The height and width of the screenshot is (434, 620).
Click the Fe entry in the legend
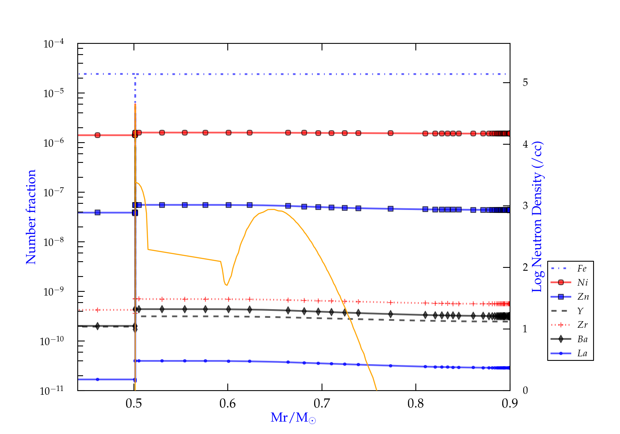click(582, 269)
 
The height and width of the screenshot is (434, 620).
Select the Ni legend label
click(582, 283)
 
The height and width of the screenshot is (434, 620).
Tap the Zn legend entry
click(583, 297)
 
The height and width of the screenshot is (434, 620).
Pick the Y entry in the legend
click(580, 311)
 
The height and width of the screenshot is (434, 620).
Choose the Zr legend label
click(582, 325)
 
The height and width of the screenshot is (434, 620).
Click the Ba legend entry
click(582, 339)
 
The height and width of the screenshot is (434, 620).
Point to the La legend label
click(582, 353)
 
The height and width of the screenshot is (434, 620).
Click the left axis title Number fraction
click(31, 217)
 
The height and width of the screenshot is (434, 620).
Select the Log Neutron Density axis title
click(537, 217)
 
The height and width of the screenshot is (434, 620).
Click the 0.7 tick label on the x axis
click(322, 403)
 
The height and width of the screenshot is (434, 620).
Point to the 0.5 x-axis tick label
click(134, 403)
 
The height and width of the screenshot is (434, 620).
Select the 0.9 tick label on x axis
click(510, 403)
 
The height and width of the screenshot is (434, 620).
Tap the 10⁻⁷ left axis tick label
click(54, 192)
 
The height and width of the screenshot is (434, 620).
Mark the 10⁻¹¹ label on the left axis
click(52, 390)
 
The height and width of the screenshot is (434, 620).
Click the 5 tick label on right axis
click(525, 82)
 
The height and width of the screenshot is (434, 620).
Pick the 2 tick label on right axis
click(525, 267)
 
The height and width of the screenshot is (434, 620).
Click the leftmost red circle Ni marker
click(98, 135)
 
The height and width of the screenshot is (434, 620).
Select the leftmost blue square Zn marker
click(98, 212)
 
